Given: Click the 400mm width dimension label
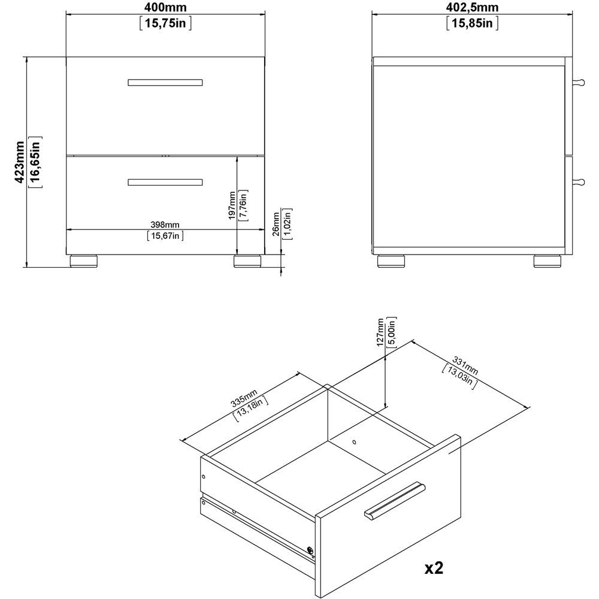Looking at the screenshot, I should (x=165, y=8).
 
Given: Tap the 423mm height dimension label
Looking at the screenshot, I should (x=19, y=162).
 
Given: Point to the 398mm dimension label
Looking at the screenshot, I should (x=165, y=224).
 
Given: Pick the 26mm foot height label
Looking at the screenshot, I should (x=276, y=225).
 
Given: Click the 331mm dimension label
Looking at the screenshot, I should (x=465, y=365).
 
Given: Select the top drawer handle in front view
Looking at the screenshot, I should (x=165, y=83).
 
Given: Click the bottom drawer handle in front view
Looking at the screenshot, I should (x=165, y=181).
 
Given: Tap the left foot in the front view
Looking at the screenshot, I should (x=84, y=261).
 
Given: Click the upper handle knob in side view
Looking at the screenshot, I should (x=578, y=83).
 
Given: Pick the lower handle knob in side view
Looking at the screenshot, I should (x=578, y=180).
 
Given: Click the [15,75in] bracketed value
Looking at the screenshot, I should (x=165, y=23).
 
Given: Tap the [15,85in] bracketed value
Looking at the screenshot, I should (x=472, y=23).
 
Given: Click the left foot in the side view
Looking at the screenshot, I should (x=391, y=261).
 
